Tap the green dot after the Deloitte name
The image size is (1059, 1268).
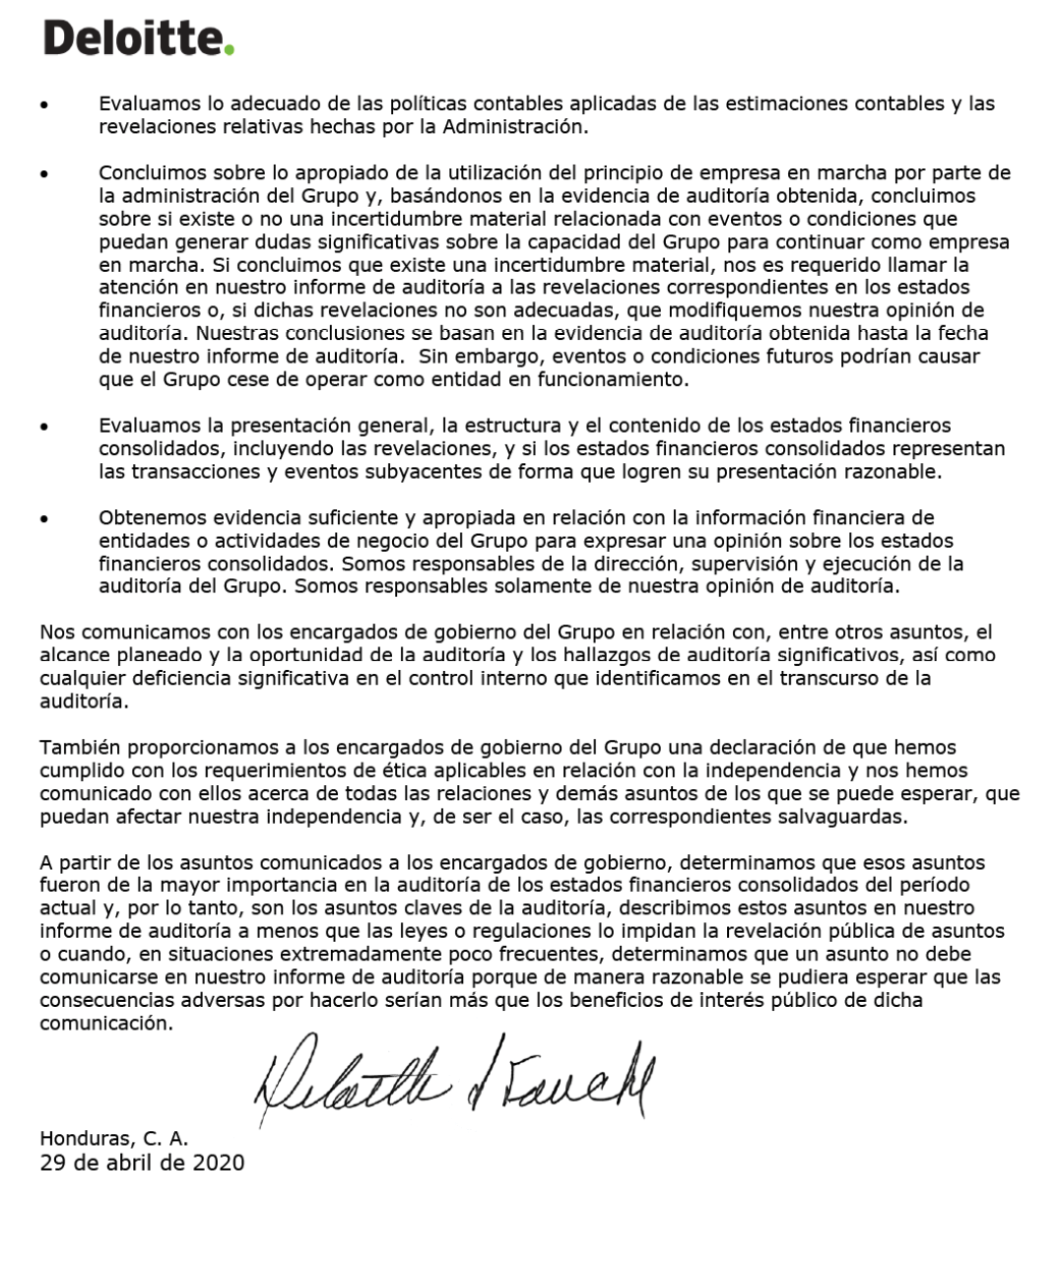pos(230,50)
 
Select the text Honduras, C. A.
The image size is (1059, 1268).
pos(114,1139)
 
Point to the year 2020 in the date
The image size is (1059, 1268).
pos(219,1163)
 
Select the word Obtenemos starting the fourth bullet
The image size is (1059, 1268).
pos(145,517)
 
